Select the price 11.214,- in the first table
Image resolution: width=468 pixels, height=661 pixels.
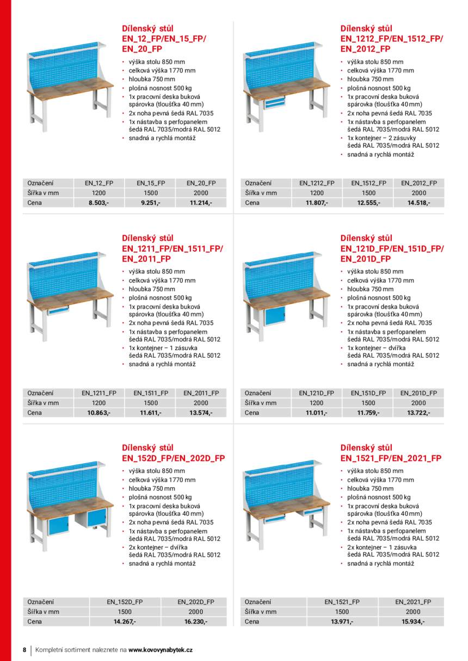201,203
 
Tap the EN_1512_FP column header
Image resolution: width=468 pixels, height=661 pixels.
368,183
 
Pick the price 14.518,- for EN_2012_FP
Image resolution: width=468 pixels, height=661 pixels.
419,203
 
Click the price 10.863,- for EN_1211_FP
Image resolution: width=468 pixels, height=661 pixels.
99,413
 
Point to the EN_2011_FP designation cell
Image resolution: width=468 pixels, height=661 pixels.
201,393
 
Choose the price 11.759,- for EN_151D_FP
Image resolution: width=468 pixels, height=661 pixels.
368,413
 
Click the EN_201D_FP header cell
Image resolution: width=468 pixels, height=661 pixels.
418,393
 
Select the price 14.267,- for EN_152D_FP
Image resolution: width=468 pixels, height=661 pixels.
125,621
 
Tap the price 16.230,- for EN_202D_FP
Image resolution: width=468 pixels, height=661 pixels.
196,621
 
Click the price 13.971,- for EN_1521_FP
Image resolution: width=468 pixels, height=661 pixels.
342,621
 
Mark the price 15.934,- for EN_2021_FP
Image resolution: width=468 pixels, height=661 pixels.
413,621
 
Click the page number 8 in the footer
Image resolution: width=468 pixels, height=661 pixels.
24,650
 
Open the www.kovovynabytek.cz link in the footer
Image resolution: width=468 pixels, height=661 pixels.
161,650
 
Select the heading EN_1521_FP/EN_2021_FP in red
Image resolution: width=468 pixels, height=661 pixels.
391,458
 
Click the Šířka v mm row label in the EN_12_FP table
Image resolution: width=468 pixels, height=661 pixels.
43,193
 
